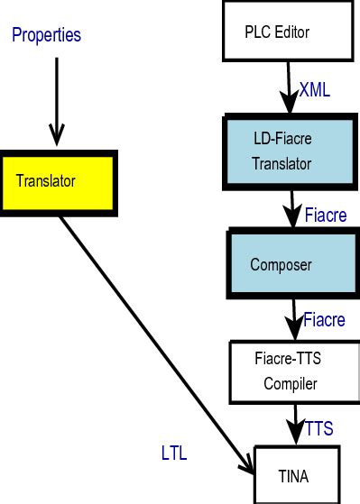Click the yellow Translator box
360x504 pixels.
[x=58, y=181]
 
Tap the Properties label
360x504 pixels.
[x=46, y=36]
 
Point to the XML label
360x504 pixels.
[x=316, y=90]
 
